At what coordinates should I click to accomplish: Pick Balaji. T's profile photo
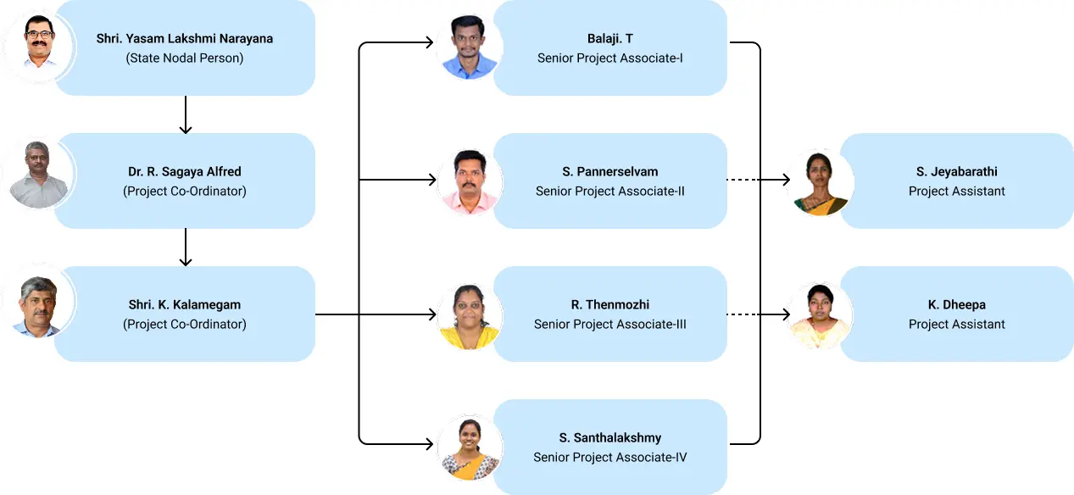point(470,47)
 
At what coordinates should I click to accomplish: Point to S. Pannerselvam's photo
point(470,181)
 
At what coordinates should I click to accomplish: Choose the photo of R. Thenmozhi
point(470,315)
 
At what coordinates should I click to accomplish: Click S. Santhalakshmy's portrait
point(470,448)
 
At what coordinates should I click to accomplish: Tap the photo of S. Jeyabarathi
point(819,181)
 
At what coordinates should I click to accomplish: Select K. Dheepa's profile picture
point(819,314)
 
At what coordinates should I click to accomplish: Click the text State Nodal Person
point(185,58)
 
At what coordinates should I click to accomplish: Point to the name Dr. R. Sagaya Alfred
point(185,172)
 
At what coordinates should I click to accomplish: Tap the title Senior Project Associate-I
point(610,58)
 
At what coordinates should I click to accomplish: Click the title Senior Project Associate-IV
point(610,458)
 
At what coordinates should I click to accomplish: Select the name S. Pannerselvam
point(610,172)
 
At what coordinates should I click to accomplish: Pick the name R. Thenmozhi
point(610,305)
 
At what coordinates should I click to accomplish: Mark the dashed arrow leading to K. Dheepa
point(759,314)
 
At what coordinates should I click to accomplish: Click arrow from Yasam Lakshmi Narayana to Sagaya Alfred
point(186,114)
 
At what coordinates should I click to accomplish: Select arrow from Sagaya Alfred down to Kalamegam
point(186,247)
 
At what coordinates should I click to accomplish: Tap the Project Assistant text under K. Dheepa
point(957,325)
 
